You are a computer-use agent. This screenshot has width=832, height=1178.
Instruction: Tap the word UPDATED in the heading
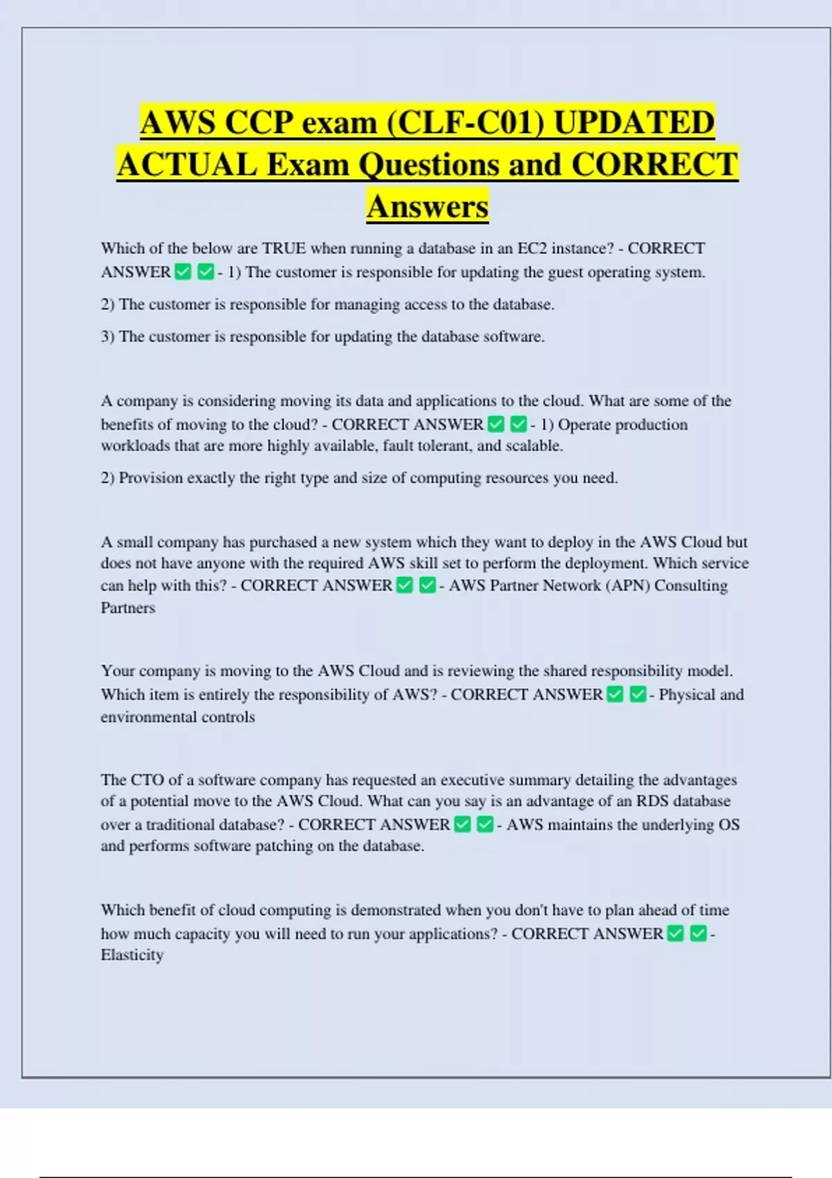pos(634,123)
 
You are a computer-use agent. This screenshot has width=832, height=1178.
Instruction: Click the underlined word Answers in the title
pos(428,206)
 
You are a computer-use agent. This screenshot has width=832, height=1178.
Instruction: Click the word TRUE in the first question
pos(284,248)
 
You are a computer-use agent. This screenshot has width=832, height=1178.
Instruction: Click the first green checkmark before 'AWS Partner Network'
pos(405,586)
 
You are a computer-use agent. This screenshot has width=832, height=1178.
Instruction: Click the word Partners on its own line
pos(128,608)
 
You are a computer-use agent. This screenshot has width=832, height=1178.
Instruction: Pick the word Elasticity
pos(132,955)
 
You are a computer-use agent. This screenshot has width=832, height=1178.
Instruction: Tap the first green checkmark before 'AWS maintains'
pos(463,825)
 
